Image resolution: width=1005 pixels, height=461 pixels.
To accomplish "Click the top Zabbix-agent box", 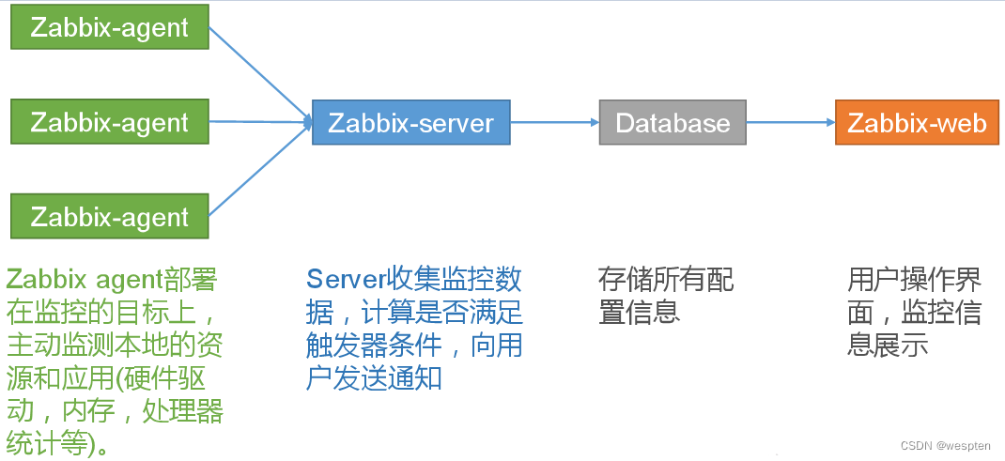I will point(109,27).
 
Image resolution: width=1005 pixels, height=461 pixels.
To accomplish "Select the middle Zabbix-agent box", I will point(109,122).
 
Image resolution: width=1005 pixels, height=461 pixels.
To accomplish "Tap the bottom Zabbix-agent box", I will point(109,216).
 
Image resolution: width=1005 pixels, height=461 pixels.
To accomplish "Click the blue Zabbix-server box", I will point(410,122).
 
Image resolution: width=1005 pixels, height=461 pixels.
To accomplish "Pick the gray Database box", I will point(673,123).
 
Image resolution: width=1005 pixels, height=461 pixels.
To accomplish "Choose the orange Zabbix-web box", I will point(917,123).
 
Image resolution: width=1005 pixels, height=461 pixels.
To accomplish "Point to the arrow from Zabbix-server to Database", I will point(554,122).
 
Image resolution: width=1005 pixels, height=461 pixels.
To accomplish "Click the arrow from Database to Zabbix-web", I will point(791,122).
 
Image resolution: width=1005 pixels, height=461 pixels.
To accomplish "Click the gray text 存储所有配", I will point(665,279).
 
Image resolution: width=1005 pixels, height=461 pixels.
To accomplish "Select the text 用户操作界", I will point(914,279).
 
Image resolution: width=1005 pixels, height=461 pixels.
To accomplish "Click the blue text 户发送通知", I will point(374,378).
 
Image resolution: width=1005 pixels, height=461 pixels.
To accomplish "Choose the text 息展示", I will point(888,345).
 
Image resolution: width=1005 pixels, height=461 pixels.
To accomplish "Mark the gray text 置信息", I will point(639,311).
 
